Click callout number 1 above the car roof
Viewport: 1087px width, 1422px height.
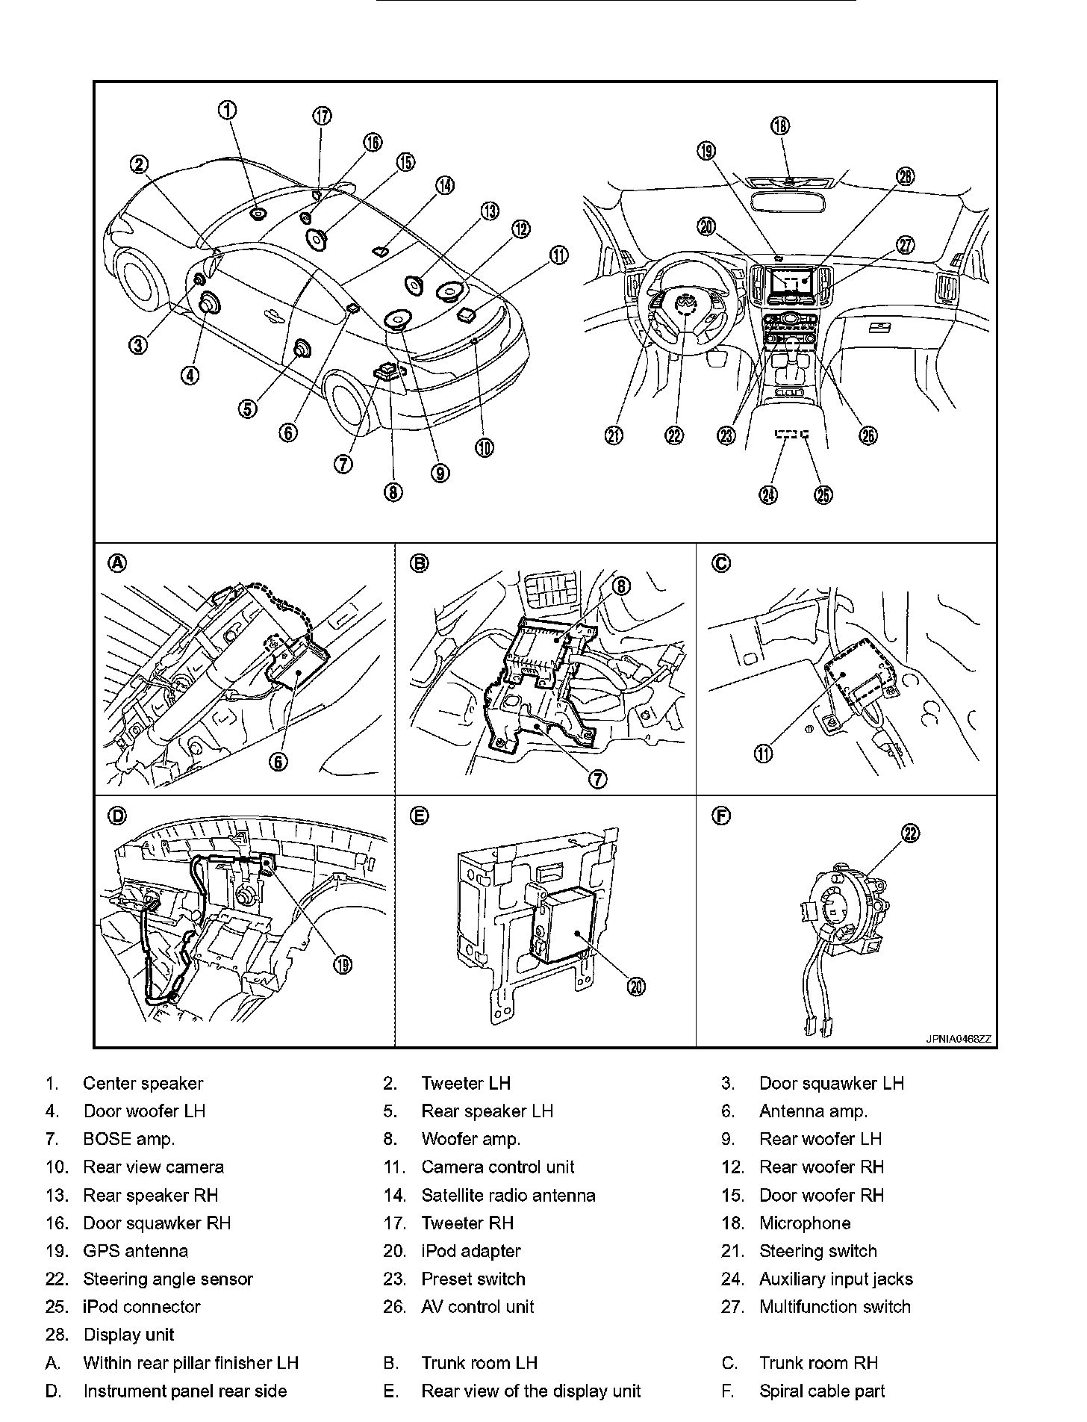coord(228,111)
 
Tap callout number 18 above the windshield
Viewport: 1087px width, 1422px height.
coord(779,125)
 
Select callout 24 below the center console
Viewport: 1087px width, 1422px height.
coord(769,494)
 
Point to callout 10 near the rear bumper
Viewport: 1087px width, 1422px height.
coord(484,447)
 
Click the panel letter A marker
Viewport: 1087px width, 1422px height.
coord(117,563)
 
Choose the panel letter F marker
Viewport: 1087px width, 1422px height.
coord(721,816)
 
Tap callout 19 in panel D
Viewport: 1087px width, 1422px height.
coord(342,966)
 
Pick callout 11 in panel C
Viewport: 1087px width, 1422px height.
coord(764,754)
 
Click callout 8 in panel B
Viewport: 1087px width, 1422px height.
coord(623,587)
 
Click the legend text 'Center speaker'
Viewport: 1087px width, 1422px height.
coord(143,1083)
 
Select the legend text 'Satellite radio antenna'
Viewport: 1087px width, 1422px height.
coord(508,1195)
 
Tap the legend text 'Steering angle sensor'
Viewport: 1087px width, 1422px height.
coord(168,1279)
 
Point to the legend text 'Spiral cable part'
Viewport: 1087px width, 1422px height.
coord(821,1391)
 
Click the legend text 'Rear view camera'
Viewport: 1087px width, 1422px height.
coord(153,1167)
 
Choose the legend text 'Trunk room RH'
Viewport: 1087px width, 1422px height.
coord(818,1363)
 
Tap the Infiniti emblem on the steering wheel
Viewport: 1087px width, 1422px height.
coord(683,303)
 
